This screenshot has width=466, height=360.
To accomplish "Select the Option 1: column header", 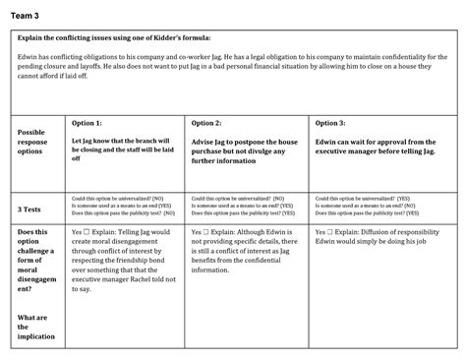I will pos(87,123).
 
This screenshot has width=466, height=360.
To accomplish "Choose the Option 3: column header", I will pos(330,123).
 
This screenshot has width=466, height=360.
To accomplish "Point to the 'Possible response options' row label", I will pos(32,142).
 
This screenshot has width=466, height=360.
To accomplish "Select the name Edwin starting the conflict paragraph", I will pos(29,57).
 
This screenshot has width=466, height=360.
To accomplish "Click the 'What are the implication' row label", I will pos(34,328).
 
